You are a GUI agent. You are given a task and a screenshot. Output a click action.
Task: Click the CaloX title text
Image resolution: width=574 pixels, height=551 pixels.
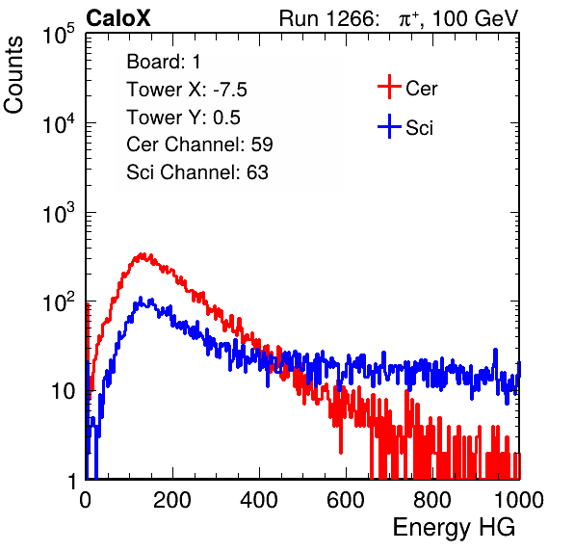point(117,18)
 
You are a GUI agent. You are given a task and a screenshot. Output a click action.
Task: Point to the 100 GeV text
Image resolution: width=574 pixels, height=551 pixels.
point(476,18)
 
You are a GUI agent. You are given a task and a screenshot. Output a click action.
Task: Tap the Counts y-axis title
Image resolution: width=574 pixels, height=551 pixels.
point(13,75)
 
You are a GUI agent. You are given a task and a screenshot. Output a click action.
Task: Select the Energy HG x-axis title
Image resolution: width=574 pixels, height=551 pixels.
point(454,528)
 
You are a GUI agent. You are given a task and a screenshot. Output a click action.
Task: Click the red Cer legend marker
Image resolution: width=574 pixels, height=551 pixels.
point(389,87)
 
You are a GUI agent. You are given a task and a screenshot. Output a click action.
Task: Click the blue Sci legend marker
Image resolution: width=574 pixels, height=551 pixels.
point(389,127)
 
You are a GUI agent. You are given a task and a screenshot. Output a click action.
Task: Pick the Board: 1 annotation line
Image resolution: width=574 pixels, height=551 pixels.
point(164,62)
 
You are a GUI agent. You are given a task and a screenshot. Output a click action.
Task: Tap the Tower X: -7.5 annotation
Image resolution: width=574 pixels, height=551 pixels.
point(187,90)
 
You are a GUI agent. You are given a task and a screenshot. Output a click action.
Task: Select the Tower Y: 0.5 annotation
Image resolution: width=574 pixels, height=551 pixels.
point(183,118)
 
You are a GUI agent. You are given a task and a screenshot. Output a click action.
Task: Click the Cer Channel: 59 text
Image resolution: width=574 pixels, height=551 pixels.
point(199,144)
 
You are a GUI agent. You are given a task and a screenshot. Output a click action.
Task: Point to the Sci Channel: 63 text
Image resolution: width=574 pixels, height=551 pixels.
point(197,172)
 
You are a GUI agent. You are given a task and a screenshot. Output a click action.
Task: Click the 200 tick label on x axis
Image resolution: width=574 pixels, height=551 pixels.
point(172,500)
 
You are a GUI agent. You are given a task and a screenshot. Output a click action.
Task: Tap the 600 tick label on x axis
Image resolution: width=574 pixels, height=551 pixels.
point(346,500)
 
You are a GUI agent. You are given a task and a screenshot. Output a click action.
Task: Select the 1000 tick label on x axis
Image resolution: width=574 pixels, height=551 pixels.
point(518,500)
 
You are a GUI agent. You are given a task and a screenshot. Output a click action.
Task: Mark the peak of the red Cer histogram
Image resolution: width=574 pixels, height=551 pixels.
point(143,253)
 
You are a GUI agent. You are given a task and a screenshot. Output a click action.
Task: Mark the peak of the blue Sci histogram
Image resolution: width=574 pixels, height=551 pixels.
point(141,298)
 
